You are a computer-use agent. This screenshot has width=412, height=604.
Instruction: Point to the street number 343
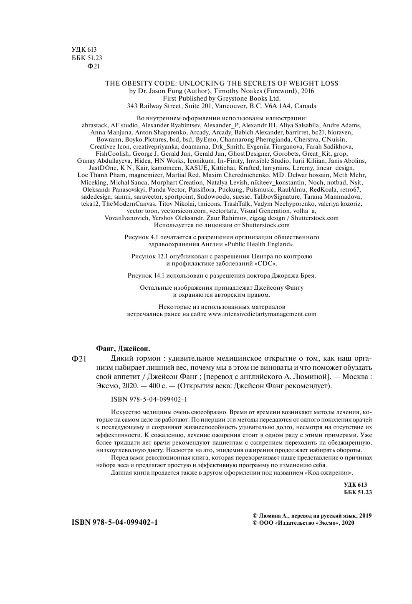tap(132, 106)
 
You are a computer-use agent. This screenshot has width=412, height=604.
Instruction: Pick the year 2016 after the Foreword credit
tap(307, 91)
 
